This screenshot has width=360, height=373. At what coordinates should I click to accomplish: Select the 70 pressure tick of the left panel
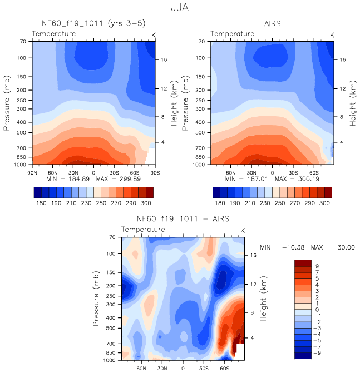[23, 41]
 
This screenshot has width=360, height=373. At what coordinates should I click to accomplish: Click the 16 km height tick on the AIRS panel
[343, 59]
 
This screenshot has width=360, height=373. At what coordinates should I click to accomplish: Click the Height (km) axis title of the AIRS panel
[354, 103]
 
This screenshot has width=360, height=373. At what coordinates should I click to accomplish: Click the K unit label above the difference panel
[243, 230]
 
